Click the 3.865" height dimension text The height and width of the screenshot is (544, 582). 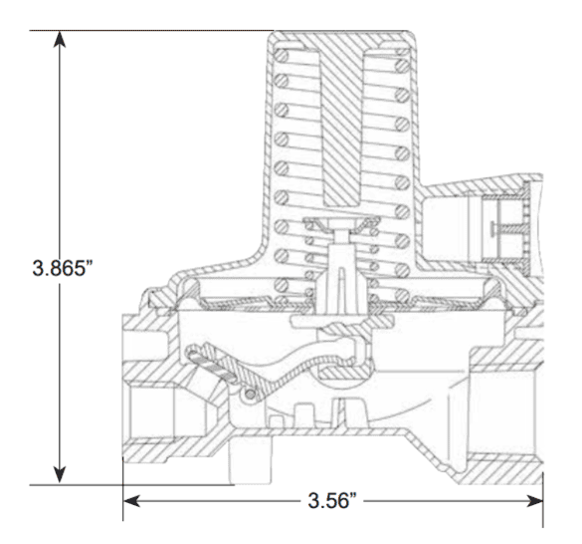pyautogui.click(x=62, y=268)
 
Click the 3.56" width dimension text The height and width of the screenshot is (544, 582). pyautogui.click(x=332, y=500)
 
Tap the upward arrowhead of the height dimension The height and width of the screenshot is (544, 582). pyautogui.click(x=60, y=40)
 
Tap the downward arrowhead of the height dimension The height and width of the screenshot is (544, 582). pyautogui.click(x=60, y=475)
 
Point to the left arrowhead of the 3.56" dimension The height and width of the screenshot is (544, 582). pyautogui.click(x=131, y=501)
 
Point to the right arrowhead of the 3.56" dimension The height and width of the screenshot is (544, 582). pyautogui.click(x=534, y=501)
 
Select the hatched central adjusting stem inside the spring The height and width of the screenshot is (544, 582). pyautogui.click(x=341, y=127)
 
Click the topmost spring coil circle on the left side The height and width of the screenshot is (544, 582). pyautogui.click(x=281, y=57)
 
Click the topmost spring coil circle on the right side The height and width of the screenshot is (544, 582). pyautogui.click(x=402, y=66)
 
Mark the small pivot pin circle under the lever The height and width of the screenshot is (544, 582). pyautogui.click(x=251, y=395)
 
